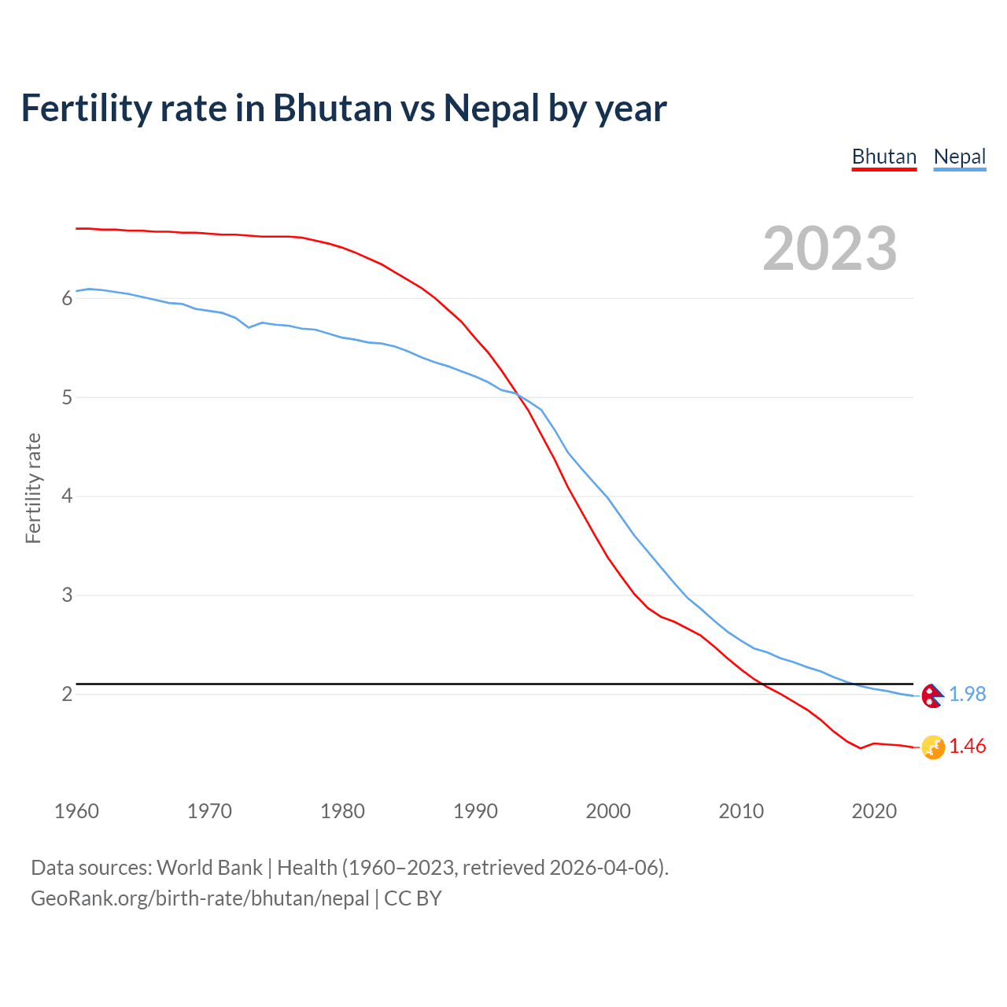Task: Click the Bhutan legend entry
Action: pos(884,157)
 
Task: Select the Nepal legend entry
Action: pos(959,157)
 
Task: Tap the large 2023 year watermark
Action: pos(829,249)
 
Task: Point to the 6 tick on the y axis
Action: pos(67,298)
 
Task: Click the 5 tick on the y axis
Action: pos(67,397)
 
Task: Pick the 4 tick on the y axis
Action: pos(67,496)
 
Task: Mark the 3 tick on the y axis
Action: pos(67,596)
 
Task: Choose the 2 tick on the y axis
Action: pos(67,694)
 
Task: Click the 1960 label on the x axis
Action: pos(76,811)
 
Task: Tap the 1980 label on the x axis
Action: pos(342,811)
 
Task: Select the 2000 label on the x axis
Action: pos(608,811)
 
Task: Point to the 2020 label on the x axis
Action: pos(874,811)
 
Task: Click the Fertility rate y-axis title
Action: pos(33,488)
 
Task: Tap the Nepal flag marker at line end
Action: pos(932,695)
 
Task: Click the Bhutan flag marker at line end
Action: pos(932,747)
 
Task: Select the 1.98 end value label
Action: pos(967,694)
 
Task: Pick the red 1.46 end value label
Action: pos(967,746)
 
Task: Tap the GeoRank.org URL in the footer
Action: pos(200,898)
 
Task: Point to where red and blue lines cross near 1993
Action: pos(518,394)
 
